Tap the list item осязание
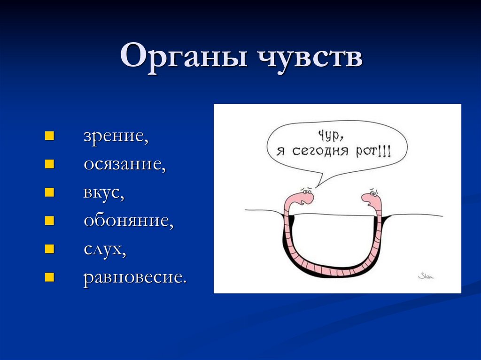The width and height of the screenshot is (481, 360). click(x=124, y=165)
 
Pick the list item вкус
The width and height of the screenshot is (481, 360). click(x=104, y=193)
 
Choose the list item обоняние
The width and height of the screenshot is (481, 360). click(x=128, y=221)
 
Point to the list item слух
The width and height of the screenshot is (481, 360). click(x=105, y=249)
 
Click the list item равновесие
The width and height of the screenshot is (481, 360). click(x=135, y=277)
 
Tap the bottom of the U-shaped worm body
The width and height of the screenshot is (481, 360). click(x=333, y=271)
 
